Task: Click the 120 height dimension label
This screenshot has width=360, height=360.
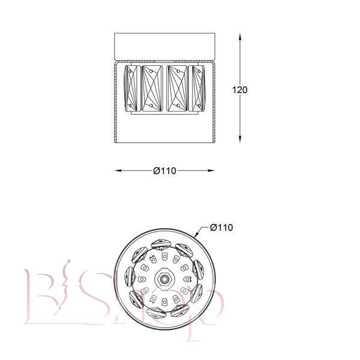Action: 239,90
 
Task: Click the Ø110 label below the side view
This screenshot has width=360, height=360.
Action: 164,171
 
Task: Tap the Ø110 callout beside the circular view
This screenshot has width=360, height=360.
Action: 221,227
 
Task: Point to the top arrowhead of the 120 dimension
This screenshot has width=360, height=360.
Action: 240,38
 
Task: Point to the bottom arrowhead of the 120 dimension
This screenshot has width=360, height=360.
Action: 240,139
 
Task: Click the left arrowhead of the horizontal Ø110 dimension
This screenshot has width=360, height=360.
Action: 118,170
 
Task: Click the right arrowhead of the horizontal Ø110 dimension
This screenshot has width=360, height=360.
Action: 211,170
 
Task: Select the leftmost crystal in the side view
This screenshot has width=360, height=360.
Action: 132,88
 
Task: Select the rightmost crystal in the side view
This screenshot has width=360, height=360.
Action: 197,88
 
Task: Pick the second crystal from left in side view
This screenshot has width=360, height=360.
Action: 152,88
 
